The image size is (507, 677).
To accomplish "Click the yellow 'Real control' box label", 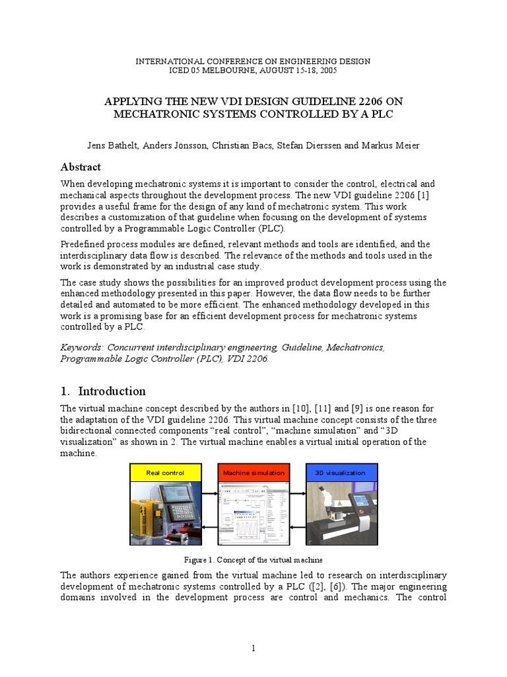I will (x=164, y=473).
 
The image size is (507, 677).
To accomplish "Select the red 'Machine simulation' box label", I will (x=253, y=473).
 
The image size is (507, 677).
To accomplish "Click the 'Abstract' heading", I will (x=81, y=167).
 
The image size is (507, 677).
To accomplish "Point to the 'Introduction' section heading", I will (x=112, y=391).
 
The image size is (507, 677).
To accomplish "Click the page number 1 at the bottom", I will (x=253, y=649).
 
